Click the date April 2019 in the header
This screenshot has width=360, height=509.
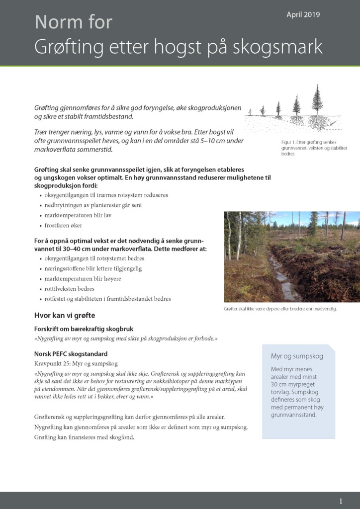pos(303,15)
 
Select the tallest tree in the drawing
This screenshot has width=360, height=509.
pos(317,102)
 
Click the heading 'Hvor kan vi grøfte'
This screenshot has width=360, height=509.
pos(65,315)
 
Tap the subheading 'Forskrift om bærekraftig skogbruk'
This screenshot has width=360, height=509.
pos(83,329)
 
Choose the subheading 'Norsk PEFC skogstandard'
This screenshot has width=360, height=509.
pos(71,354)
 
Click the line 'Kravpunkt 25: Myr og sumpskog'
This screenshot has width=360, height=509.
pos(76,364)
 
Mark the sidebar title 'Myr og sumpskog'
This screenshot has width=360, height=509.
pos(297,356)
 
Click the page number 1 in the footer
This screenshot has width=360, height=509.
pos(341,501)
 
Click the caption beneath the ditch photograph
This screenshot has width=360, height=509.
pos(280,309)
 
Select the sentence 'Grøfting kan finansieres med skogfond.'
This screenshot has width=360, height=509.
pos(85,437)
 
